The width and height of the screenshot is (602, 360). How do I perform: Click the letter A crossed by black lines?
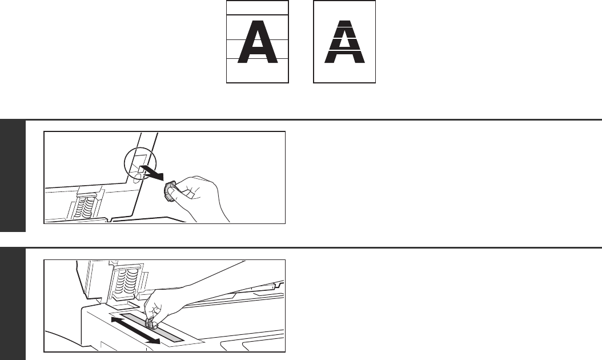coord(257,42)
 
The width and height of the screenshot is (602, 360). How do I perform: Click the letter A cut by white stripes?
coord(344,42)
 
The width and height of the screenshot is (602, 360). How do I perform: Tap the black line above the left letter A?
coord(257,15)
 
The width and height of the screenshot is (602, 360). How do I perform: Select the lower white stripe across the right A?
coord(344,50)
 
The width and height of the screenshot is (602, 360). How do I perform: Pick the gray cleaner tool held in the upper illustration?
coord(170,191)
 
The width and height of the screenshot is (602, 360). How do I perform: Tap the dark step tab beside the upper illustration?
coord(13,176)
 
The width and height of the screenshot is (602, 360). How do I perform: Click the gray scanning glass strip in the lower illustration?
coord(152,328)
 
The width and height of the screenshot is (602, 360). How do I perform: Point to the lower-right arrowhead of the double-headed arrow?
coord(155,341)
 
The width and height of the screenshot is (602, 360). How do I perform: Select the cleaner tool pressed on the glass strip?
coord(151,324)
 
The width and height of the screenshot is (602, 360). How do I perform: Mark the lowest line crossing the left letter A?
coord(257,59)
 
